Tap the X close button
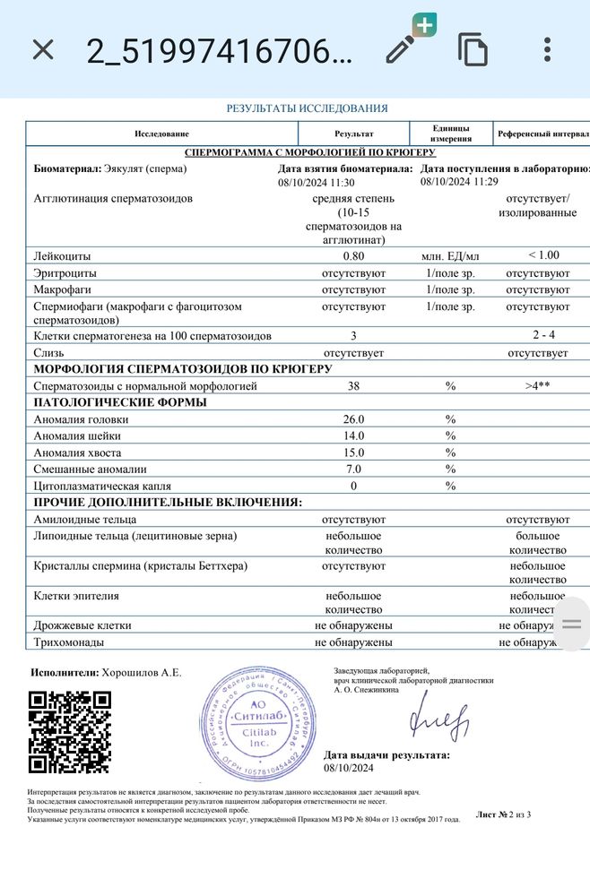click(x=43, y=49)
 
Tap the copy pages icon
click(x=473, y=49)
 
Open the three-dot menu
click(x=547, y=49)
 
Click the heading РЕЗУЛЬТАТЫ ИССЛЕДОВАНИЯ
click(x=307, y=108)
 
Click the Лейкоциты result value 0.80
click(x=353, y=256)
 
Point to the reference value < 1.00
click(x=537, y=256)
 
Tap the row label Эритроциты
click(x=65, y=273)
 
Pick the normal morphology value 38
click(x=353, y=386)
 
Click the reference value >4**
click(x=537, y=386)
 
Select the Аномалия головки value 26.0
click(x=353, y=419)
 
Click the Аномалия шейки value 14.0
click(x=353, y=436)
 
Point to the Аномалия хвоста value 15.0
click(x=353, y=452)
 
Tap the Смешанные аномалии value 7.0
click(x=353, y=470)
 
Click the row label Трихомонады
click(x=68, y=642)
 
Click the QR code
click(x=70, y=732)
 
